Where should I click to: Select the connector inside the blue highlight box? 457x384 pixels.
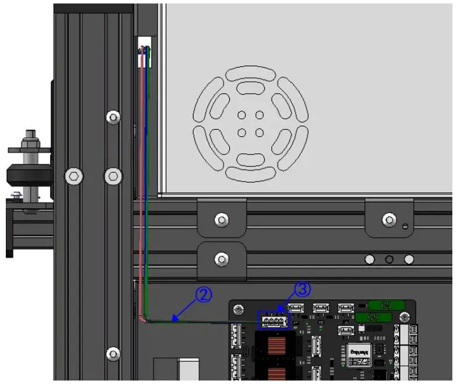click(x=273, y=320)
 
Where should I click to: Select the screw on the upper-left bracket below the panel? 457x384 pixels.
click(x=221, y=219)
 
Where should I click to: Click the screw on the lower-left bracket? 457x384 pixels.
click(x=221, y=257)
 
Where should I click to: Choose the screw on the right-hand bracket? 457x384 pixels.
click(x=388, y=219)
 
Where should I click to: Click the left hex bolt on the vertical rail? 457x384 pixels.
click(x=74, y=175)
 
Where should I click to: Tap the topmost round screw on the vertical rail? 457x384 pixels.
click(x=113, y=117)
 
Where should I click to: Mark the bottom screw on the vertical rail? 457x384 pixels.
click(x=113, y=353)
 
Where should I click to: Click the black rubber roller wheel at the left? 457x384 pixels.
click(x=29, y=175)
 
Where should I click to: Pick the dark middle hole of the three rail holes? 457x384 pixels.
click(x=390, y=259)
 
